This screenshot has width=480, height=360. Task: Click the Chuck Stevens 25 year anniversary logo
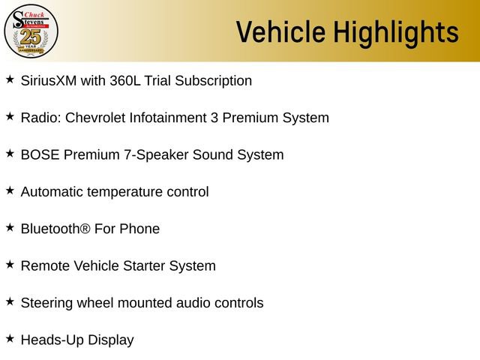(x=31, y=31)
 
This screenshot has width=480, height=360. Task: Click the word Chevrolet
(x=99, y=118)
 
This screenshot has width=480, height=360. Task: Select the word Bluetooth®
(x=55, y=229)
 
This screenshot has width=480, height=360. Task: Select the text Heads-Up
(x=52, y=340)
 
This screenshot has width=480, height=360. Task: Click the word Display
(x=111, y=340)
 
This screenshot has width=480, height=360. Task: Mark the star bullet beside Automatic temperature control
(x=10, y=190)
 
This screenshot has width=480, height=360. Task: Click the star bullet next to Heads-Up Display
(x=10, y=338)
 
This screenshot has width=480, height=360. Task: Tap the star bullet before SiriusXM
(x=10, y=79)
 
